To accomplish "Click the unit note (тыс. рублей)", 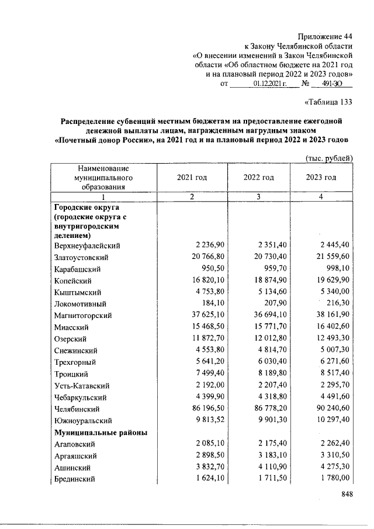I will click(x=329, y=157).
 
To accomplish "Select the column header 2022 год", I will click(x=258, y=177).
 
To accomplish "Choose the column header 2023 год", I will click(x=321, y=177).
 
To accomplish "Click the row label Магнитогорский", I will click(x=83, y=316).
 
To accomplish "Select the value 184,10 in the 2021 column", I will click(x=209, y=304).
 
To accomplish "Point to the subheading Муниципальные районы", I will click(x=101, y=433).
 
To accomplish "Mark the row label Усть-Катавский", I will click(x=81, y=386).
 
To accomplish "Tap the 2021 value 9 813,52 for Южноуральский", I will click(x=202, y=421).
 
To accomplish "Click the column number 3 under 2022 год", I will click(x=258, y=196).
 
